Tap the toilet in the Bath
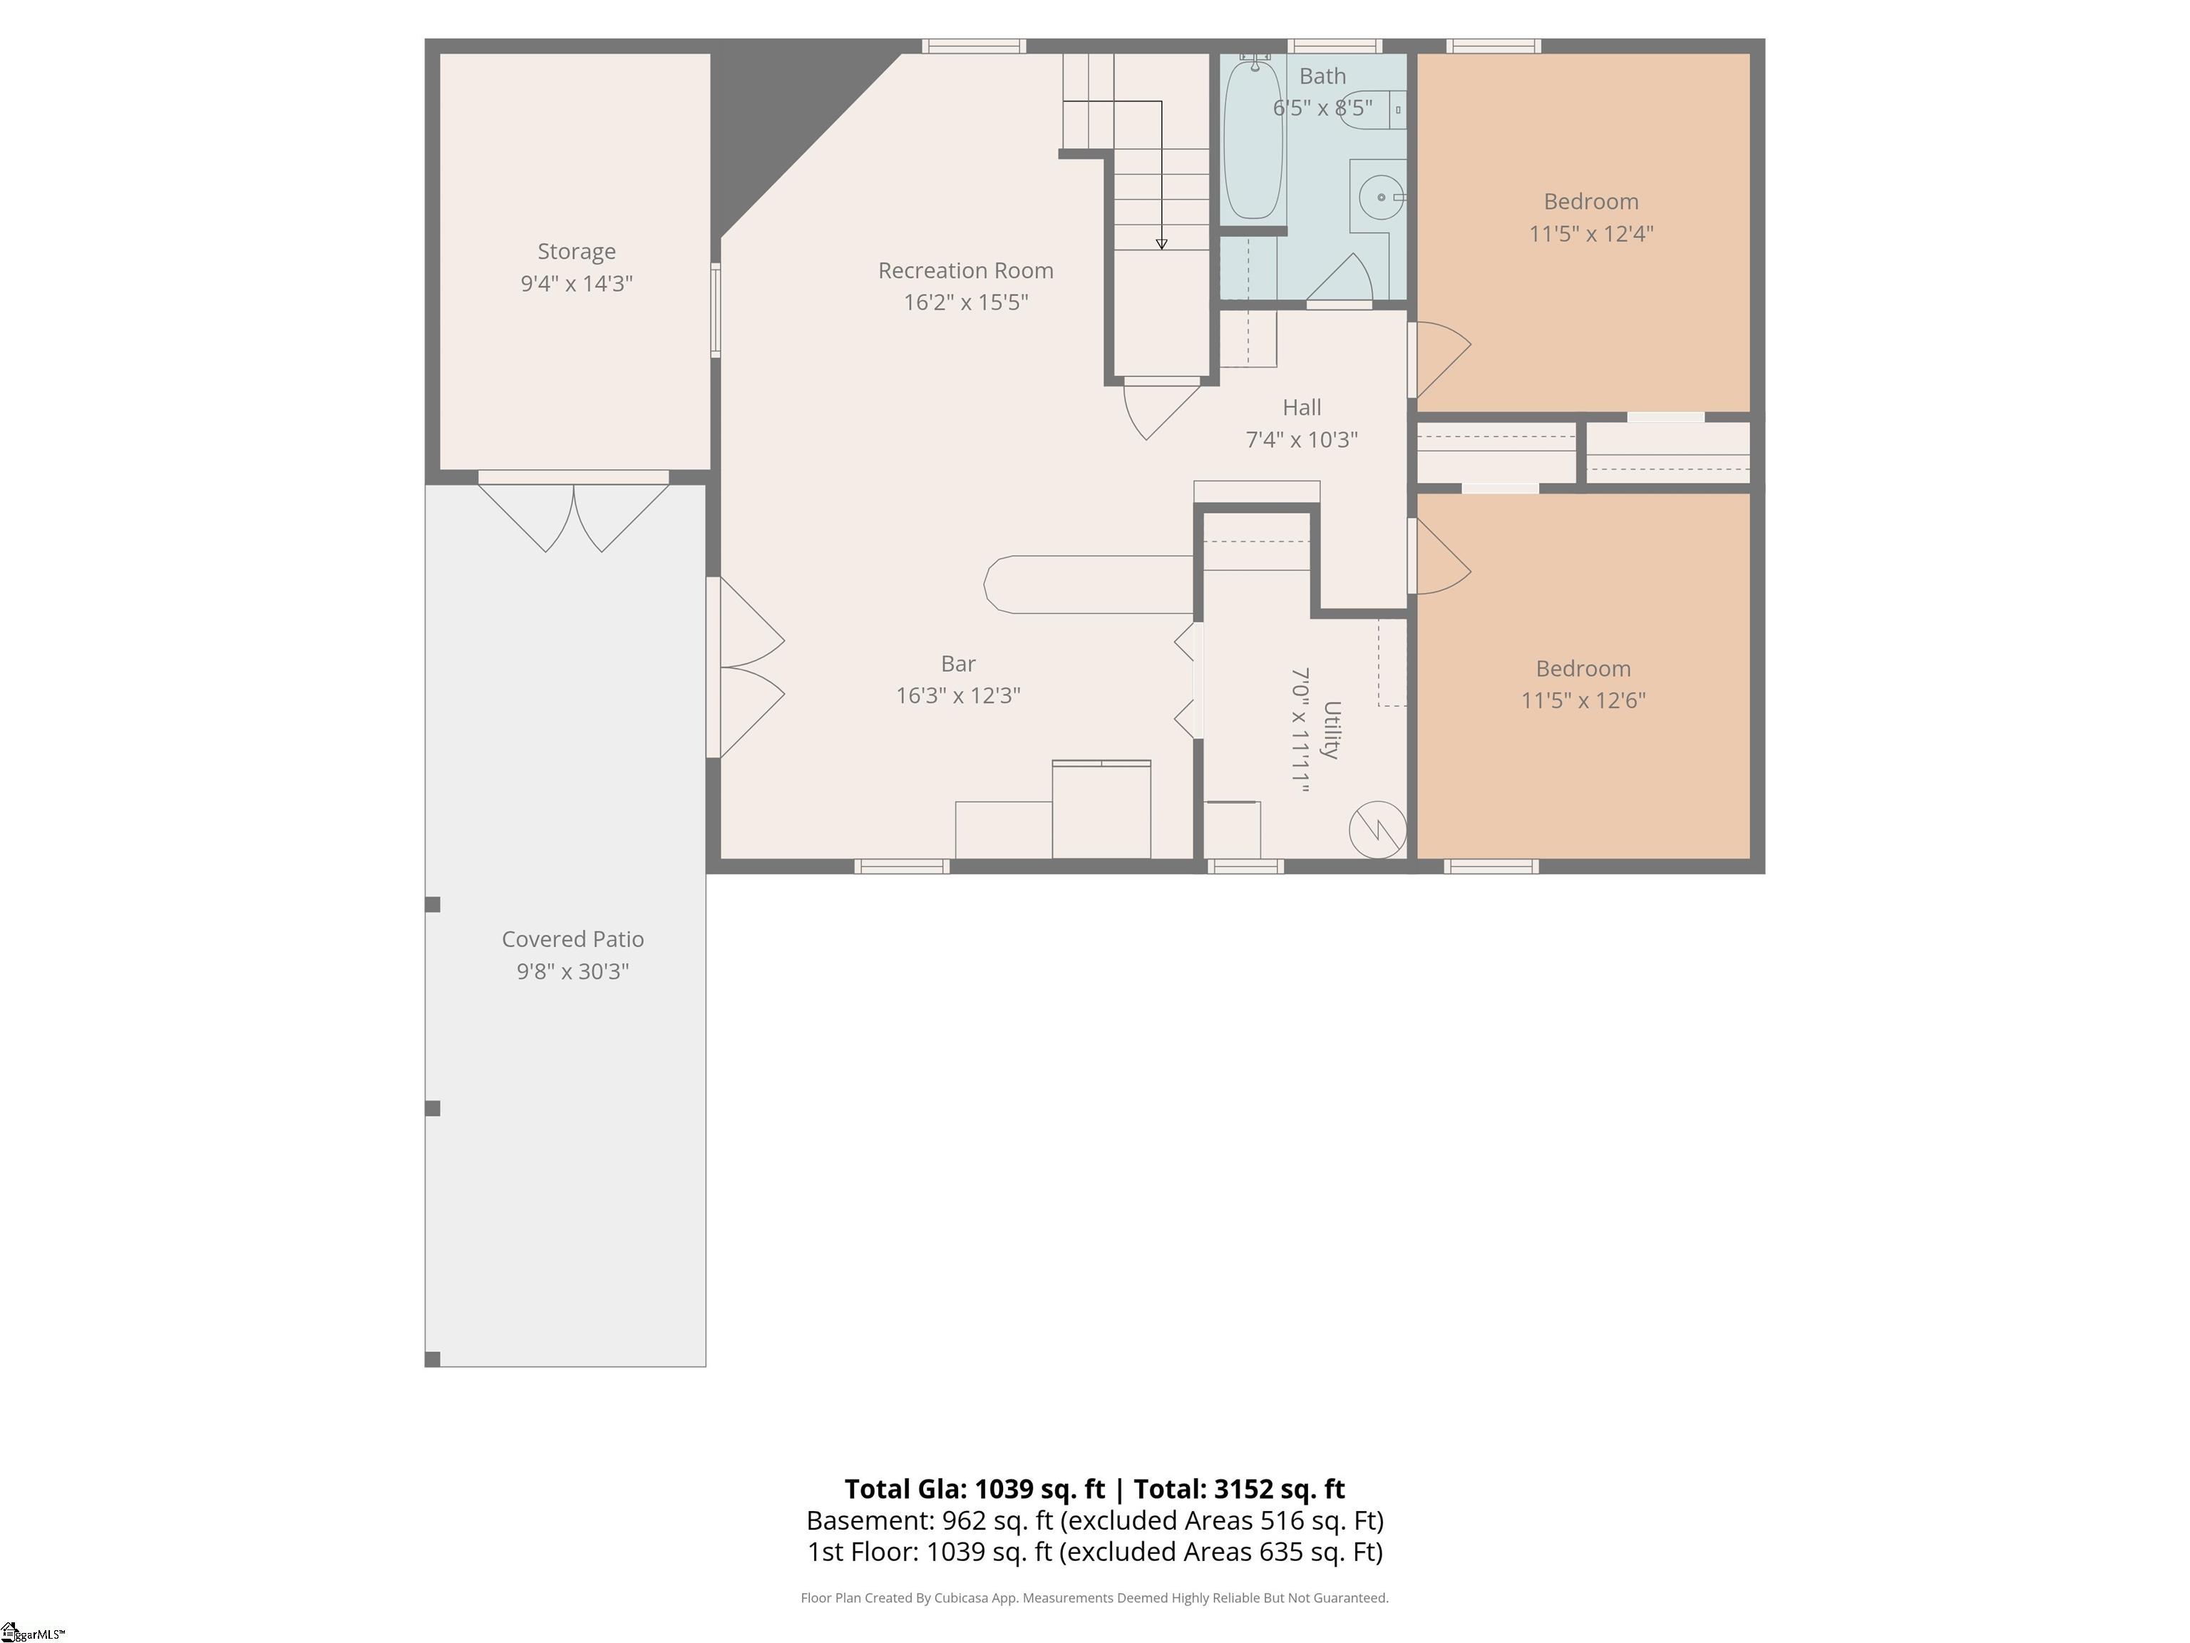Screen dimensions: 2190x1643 point(1370,107)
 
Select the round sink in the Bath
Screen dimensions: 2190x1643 point(1381,197)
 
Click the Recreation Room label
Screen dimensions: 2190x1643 point(965,270)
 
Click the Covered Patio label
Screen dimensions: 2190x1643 point(572,939)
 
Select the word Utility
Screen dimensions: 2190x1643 point(1332,730)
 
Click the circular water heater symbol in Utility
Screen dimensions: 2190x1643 point(1377,829)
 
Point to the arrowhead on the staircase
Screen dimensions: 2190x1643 point(1161,244)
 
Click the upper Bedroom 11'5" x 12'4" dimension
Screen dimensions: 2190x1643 point(1591,234)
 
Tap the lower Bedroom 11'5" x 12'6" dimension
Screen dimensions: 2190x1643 point(1583,700)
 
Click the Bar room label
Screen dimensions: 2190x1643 point(958,663)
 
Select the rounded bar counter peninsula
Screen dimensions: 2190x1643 point(1089,584)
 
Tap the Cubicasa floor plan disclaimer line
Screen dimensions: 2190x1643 point(1094,1597)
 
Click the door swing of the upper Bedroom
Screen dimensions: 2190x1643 point(1441,361)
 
